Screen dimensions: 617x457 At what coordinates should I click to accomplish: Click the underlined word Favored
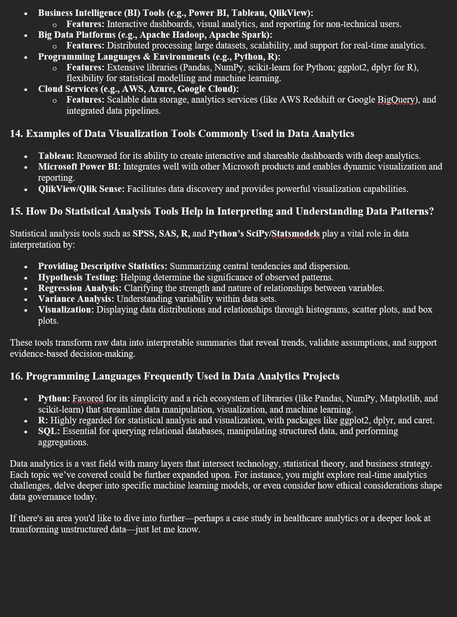[x=88, y=398]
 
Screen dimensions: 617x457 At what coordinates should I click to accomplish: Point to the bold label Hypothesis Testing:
[x=78, y=277]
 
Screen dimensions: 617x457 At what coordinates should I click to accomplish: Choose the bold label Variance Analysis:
[x=76, y=299]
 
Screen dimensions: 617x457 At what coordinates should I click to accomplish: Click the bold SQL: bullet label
[x=49, y=431]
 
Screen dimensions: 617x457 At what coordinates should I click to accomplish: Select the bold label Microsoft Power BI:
[x=79, y=167]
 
